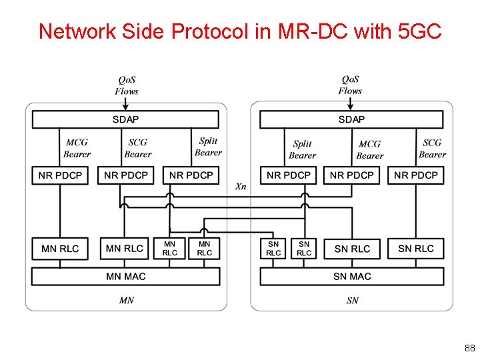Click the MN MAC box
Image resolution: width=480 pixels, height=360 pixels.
coord(125,276)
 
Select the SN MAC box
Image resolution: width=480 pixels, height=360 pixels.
coord(351,276)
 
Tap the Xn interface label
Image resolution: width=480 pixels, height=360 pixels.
coord(241,187)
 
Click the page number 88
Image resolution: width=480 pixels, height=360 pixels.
coord(469,348)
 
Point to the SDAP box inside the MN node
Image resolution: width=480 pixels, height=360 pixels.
coord(125,119)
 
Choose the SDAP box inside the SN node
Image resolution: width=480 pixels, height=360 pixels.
coord(351,119)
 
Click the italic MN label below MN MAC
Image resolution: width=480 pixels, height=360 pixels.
coord(126,301)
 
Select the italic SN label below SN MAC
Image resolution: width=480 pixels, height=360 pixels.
coord(352,301)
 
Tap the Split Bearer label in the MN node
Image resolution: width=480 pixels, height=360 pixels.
coord(208,147)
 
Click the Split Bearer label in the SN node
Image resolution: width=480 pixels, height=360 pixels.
coord(302,149)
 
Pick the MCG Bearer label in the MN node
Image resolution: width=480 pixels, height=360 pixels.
coord(77,148)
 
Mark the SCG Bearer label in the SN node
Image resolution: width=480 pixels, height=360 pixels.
coord(432,148)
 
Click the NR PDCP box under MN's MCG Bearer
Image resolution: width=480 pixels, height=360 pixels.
coord(60,175)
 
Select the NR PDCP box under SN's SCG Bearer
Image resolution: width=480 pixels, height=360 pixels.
coord(416,175)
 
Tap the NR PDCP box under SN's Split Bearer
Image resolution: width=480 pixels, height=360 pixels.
coord(288,175)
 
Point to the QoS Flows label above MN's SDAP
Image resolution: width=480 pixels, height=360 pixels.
coord(126,85)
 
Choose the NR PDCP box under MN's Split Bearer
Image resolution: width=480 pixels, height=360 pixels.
coord(191,175)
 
